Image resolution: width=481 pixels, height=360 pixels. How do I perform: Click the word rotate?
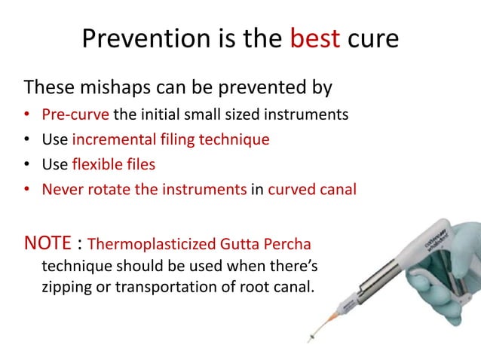[106, 188]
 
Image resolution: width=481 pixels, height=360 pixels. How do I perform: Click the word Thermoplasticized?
[142, 245]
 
